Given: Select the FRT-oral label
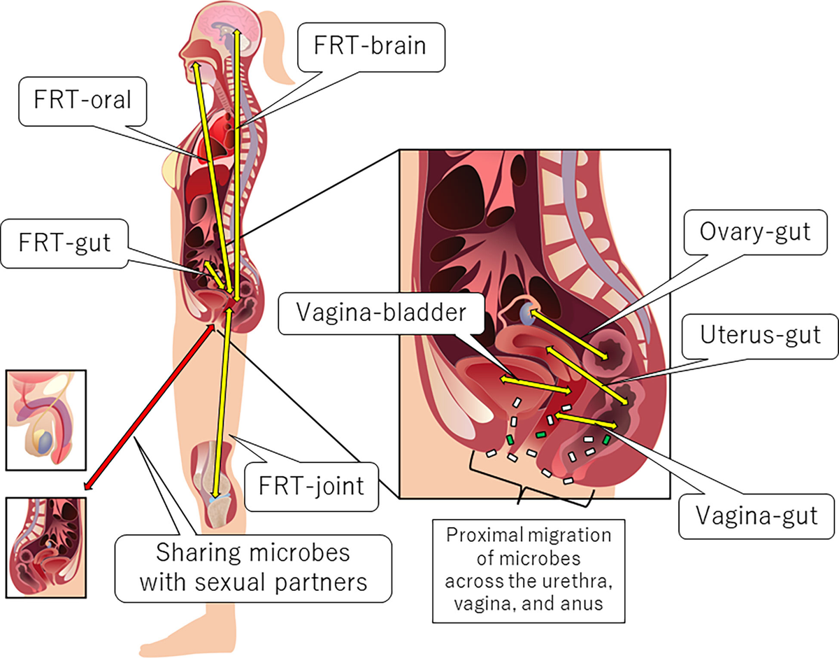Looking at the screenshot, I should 82,101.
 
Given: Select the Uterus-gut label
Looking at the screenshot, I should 760,334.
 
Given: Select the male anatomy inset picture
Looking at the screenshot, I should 45,419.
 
